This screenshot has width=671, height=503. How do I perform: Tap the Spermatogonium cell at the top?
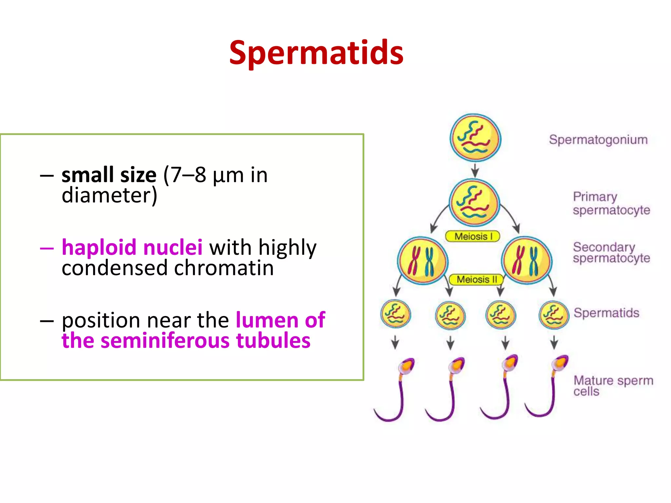coord(475,138)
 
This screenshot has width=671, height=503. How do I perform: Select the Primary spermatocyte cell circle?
coord(474,203)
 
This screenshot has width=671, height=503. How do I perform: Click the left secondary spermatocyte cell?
coord(422,261)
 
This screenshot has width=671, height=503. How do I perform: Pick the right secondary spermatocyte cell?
coord(527,261)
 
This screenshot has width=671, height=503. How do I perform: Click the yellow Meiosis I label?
coord(473,236)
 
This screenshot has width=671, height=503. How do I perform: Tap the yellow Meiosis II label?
coord(476,280)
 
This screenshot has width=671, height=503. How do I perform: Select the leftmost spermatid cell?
coord(395,314)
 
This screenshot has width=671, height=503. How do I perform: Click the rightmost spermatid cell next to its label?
coord(554,315)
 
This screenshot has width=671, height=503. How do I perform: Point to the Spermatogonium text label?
coord(598,140)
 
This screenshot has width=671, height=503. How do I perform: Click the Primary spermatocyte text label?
coord(611,203)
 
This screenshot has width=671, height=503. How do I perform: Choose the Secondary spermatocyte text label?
coord(611,252)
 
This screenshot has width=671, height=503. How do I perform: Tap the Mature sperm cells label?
coord(613,386)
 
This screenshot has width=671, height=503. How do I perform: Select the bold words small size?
coord(109,175)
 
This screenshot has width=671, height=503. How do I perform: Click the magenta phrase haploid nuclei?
coord(132,247)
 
